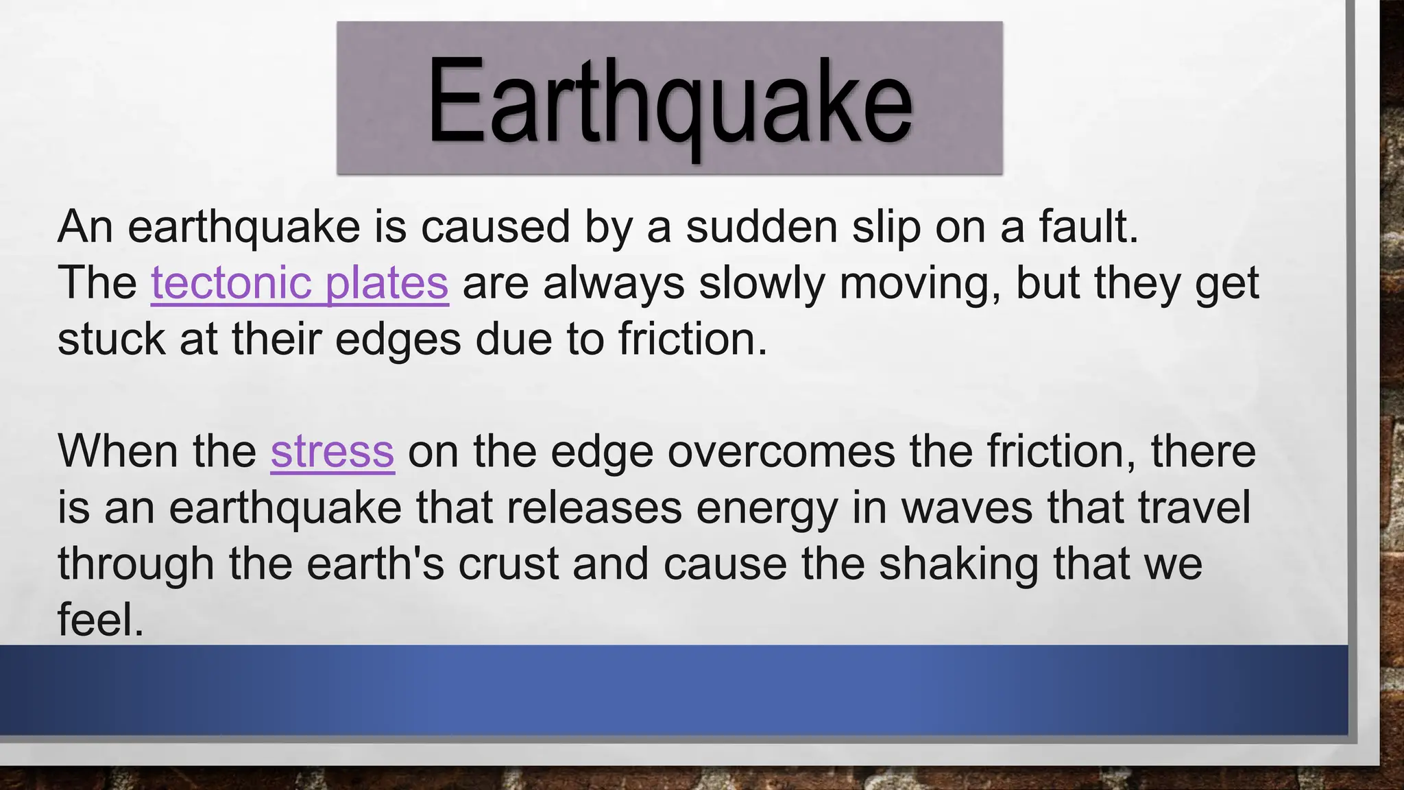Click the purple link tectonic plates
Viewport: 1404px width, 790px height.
[x=300, y=283]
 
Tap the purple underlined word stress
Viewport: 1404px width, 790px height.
[x=332, y=451]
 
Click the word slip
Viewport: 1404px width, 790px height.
[x=886, y=226]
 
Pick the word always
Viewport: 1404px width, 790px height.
[x=614, y=283]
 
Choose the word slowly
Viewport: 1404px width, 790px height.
[x=762, y=283]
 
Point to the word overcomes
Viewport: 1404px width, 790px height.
[x=782, y=451]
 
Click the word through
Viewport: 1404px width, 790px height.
[x=136, y=564]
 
